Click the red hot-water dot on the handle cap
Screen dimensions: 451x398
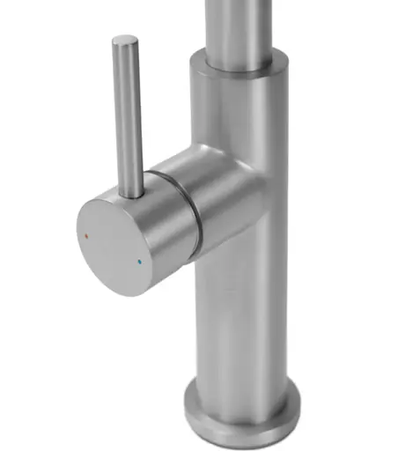point(85,238)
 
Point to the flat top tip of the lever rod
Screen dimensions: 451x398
point(126,41)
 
